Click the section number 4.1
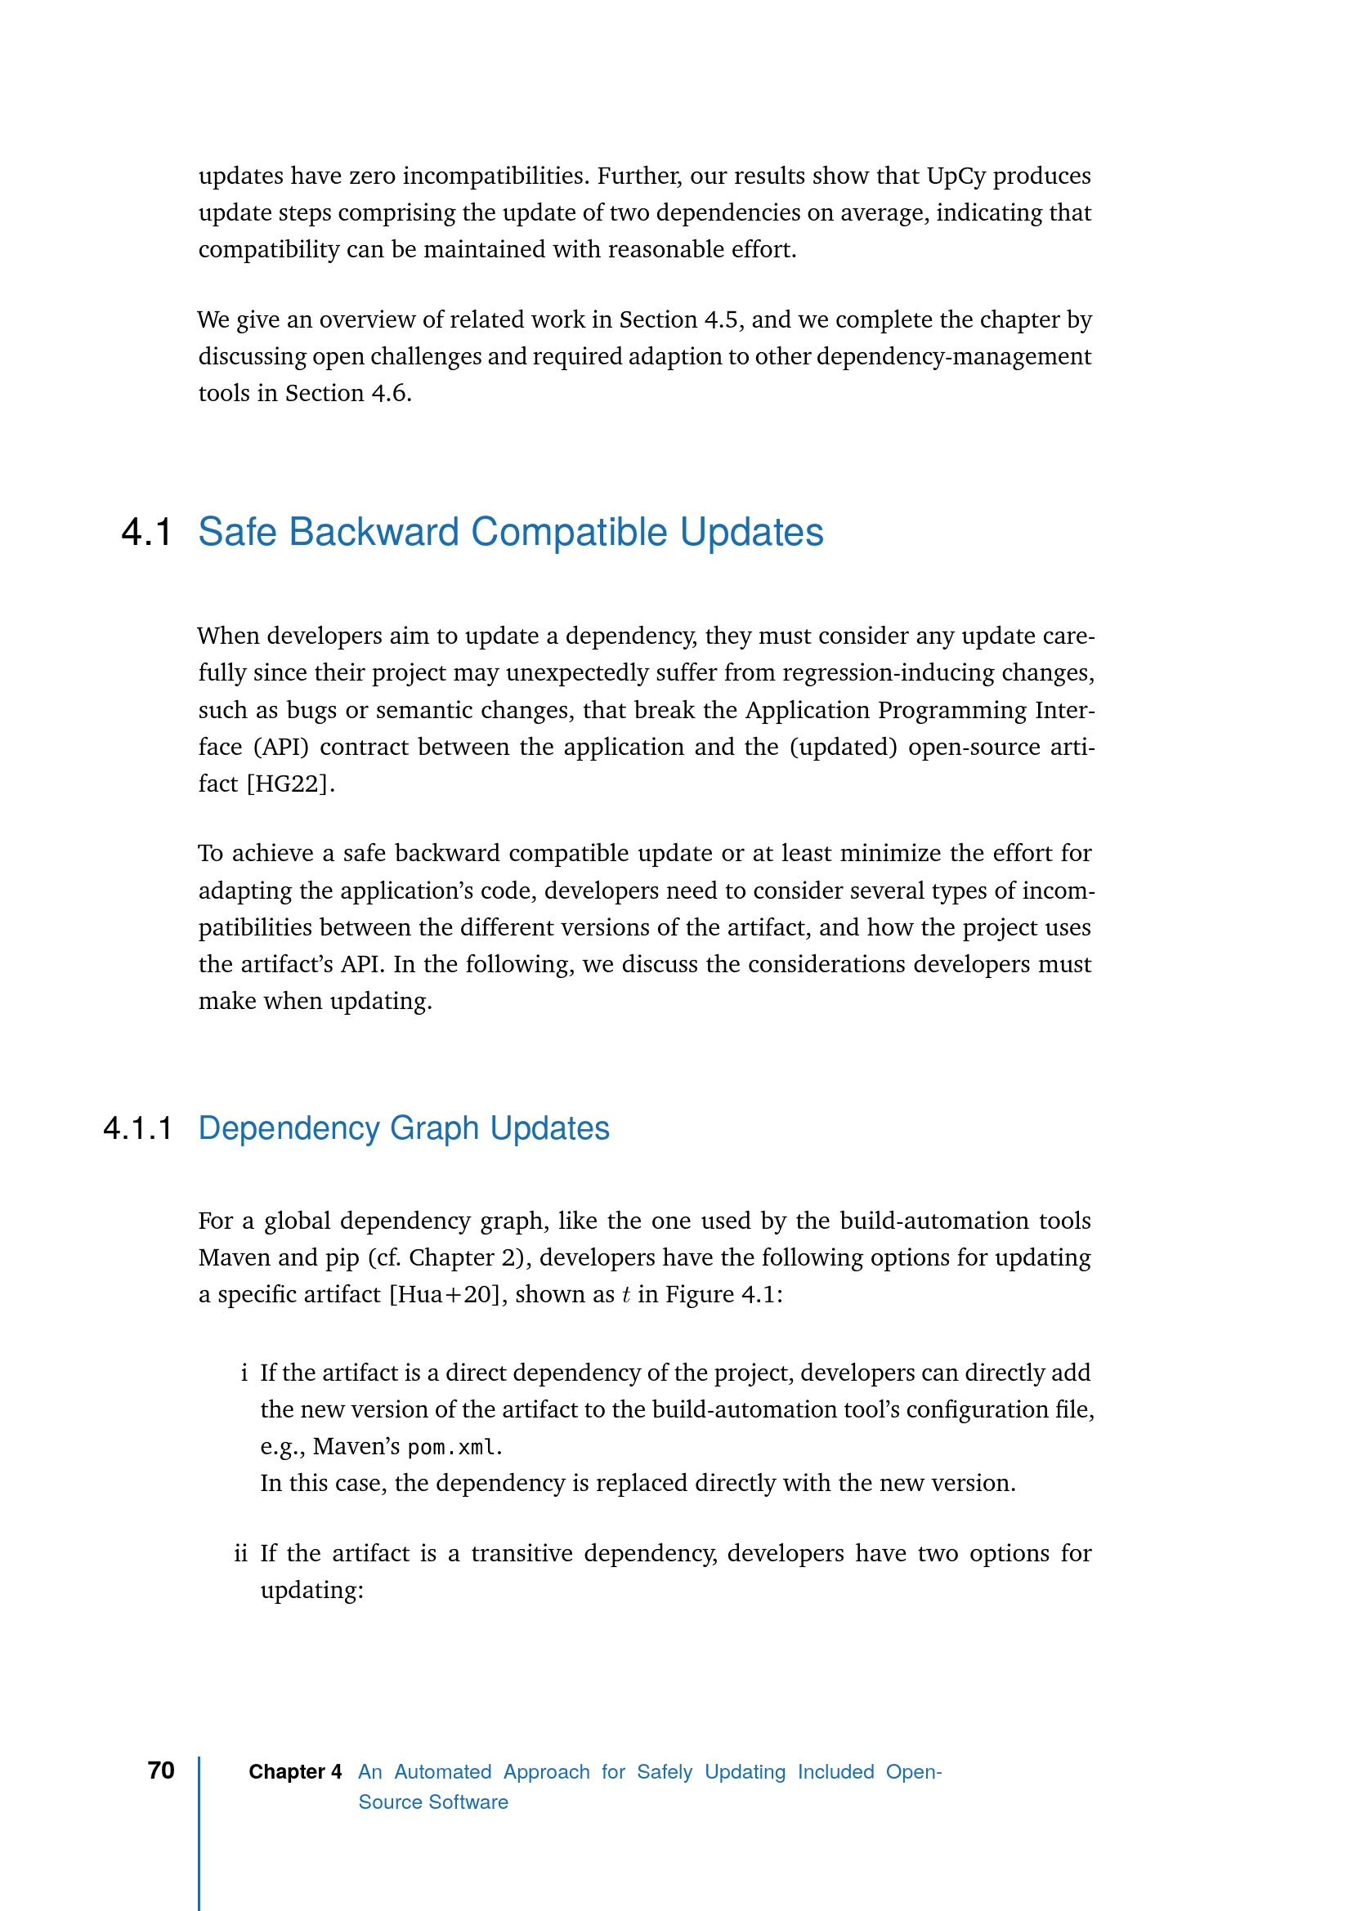(146, 533)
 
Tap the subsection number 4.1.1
(138, 1128)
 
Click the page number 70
(161, 1771)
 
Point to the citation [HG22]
(290, 784)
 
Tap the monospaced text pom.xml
(454, 1448)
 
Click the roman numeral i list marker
(244, 1373)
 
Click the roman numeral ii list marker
(240, 1554)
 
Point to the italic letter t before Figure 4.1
(625, 1295)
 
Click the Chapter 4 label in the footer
(295, 1772)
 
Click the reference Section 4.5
(678, 320)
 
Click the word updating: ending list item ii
(311, 1591)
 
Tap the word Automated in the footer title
(442, 1772)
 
